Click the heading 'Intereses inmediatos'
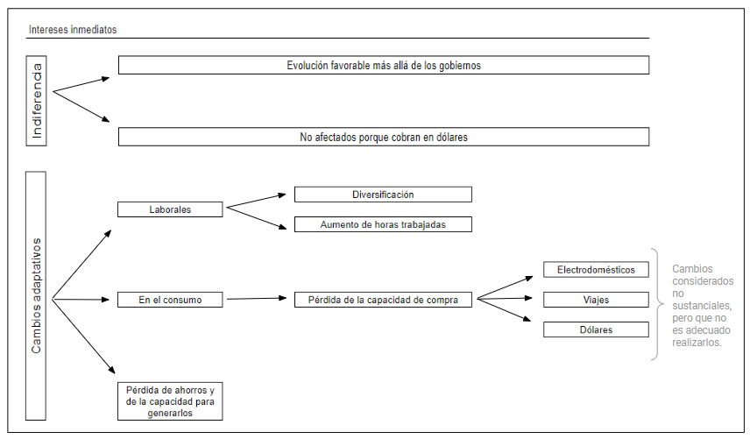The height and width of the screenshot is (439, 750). coord(73,30)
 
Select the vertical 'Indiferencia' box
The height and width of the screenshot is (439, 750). coord(36,101)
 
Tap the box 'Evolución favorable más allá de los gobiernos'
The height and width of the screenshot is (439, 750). coord(384,65)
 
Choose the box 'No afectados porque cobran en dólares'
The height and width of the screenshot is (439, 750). coord(384,137)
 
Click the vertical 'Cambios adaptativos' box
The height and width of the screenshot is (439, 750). coord(36,296)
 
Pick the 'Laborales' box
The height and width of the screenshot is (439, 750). coord(170,209)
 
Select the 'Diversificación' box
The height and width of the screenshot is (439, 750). coord(383,195)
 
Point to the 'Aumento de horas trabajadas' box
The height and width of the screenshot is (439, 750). coord(383,224)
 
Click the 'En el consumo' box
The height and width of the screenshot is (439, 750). coord(170,300)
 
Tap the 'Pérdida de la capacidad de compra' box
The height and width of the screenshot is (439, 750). coord(383,300)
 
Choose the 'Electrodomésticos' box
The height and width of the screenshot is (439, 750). coord(596,270)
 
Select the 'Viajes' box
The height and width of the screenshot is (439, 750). coord(596,300)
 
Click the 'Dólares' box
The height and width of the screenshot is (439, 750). coord(596,329)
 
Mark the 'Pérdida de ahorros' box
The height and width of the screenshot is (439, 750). coord(170,401)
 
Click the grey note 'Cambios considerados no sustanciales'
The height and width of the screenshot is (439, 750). coord(703,306)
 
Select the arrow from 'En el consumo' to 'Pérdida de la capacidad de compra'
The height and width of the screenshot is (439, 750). coord(257,299)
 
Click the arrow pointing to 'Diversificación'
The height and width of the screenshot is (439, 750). coord(256,201)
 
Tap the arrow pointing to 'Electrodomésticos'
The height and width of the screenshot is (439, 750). coord(505,287)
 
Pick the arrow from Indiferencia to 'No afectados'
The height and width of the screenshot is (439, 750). coord(81,107)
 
